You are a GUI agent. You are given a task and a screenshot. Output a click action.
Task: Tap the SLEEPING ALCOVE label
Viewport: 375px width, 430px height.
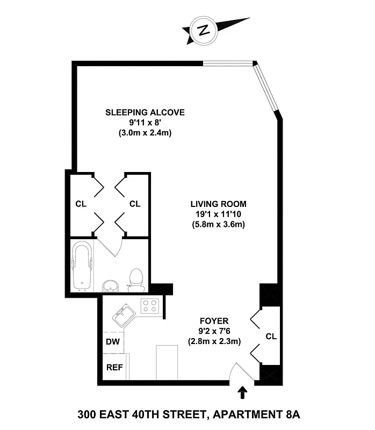145,112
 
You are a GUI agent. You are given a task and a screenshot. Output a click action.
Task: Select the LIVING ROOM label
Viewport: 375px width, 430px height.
218,204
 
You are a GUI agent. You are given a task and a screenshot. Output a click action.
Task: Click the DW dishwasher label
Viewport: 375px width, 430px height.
113,341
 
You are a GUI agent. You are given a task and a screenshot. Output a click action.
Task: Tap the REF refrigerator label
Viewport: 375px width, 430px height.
113,368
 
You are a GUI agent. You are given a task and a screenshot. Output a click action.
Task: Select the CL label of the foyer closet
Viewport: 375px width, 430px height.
271,336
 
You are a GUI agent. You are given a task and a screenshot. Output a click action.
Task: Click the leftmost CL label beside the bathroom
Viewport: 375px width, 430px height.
81,204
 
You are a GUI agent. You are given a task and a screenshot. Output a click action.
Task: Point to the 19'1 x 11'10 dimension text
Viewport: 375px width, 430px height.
218,214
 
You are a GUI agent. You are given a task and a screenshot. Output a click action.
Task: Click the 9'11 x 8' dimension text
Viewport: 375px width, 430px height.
145,123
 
